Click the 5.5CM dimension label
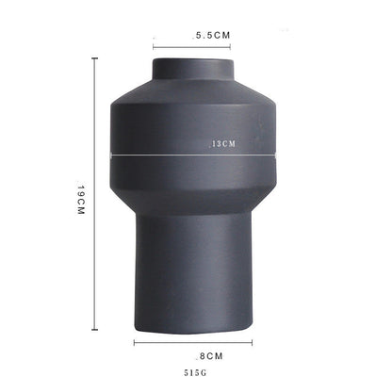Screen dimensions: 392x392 pos(212,35)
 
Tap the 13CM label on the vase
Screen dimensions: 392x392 pos(222,144)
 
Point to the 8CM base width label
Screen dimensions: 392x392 pos(209,356)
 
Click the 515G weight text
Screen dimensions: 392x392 pos(195,373)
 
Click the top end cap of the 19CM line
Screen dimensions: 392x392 pos(94,58)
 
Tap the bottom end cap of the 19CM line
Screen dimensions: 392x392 pos(94,330)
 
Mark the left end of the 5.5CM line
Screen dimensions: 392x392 pos(154,47)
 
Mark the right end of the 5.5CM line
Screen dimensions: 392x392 pos(230,47)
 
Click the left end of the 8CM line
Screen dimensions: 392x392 pos(135,342)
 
